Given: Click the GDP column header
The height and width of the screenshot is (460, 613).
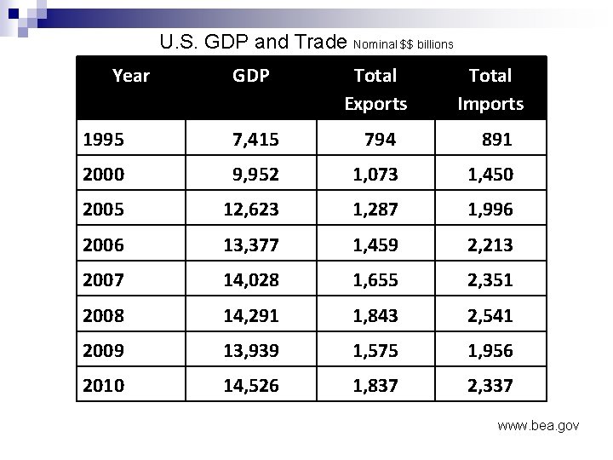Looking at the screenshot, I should (x=251, y=76).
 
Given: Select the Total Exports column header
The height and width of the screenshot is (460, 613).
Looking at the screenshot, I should (x=375, y=89).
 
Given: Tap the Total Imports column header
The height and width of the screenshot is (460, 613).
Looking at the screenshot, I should (x=490, y=89).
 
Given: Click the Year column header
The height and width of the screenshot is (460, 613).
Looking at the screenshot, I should (x=131, y=76).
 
